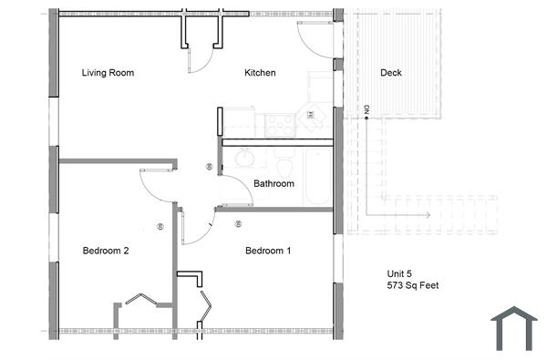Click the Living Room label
[108, 73]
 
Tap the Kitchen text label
[260, 73]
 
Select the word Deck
[390, 73]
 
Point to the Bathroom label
[273, 183]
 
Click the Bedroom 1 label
[268, 251]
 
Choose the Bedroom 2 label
[105, 251]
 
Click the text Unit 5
[401, 273]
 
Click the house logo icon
[513, 328]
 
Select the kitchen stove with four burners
[279, 125]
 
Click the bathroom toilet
[284, 164]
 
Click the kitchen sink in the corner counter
[315, 115]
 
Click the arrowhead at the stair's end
[426, 215]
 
